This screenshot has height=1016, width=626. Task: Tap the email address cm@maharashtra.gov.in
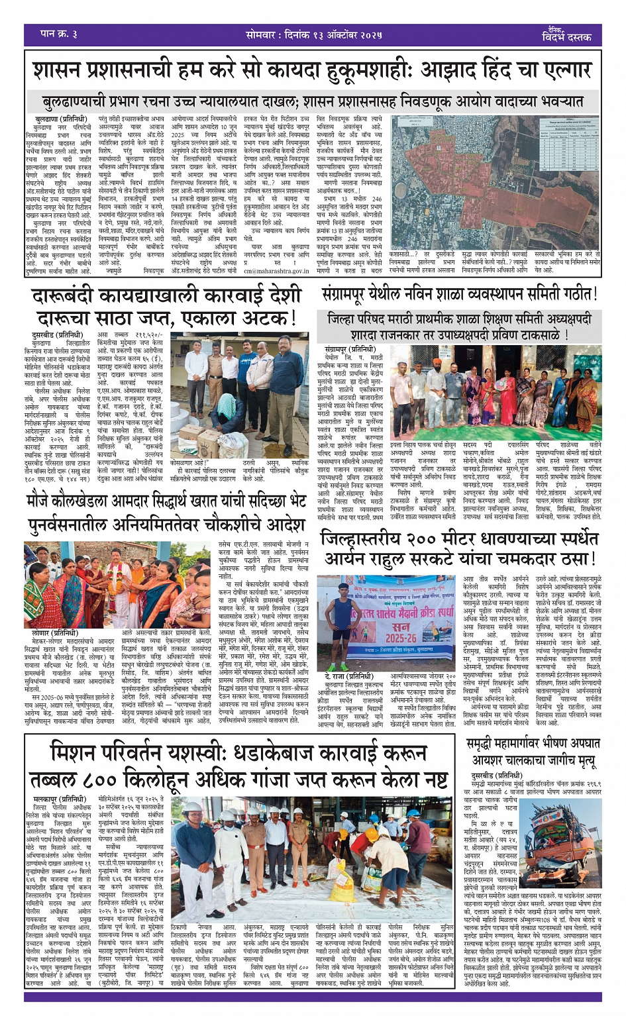276,271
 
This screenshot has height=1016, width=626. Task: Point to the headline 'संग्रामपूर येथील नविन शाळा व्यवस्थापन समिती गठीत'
459,293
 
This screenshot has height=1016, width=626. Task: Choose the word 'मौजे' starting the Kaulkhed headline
43,502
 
